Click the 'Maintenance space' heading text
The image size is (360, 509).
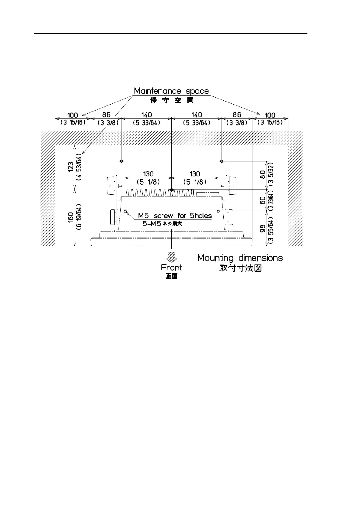click(171, 91)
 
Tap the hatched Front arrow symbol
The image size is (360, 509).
click(171, 257)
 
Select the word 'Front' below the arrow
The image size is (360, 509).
click(171, 267)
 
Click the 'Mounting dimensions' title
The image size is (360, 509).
click(240, 258)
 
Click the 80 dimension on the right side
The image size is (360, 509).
click(263, 174)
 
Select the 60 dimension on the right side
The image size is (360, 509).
click(263, 200)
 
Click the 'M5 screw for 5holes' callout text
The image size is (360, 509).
click(175, 216)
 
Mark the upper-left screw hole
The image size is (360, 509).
click(121, 161)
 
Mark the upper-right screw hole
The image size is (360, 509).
click(222, 161)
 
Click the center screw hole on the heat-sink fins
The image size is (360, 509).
click(171, 190)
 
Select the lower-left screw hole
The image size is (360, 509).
click(125, 211)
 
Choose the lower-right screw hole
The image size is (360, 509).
click(218, 211)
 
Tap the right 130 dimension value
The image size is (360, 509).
click(195, 174)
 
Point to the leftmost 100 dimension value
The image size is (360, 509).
click(73, 115)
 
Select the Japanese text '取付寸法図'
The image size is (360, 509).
click(240, 268)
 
